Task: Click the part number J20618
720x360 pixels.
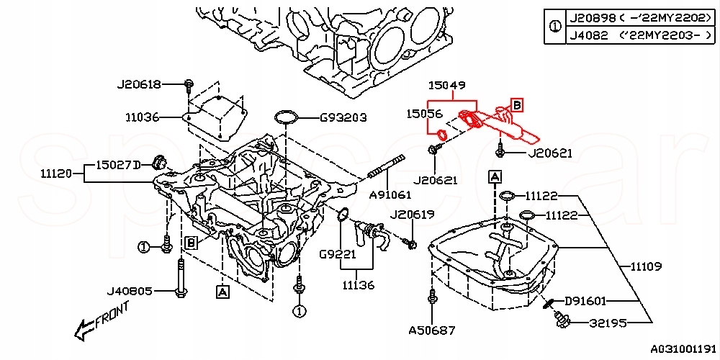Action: pos(139,84)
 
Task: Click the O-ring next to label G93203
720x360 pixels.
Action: pos(287,117)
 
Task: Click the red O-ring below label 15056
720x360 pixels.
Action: pos(439,134)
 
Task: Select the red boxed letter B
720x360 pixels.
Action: pos(516,106)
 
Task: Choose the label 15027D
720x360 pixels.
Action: pos(117,165)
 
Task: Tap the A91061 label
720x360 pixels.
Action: pos(390,194)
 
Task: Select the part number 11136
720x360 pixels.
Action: pos(359,285)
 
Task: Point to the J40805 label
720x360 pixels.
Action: pos(130,292)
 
